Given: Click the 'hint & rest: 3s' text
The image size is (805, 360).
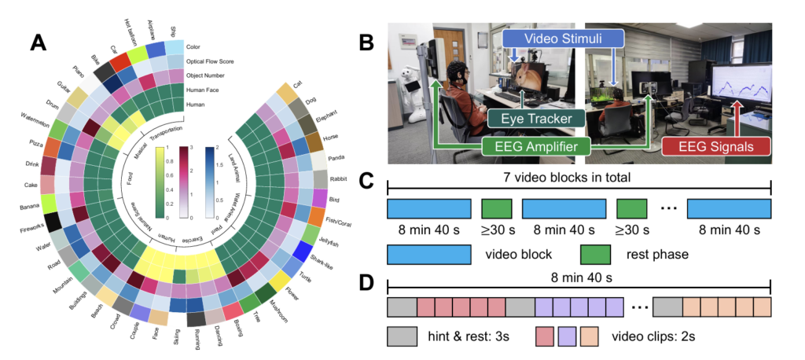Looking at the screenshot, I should (469, 337).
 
